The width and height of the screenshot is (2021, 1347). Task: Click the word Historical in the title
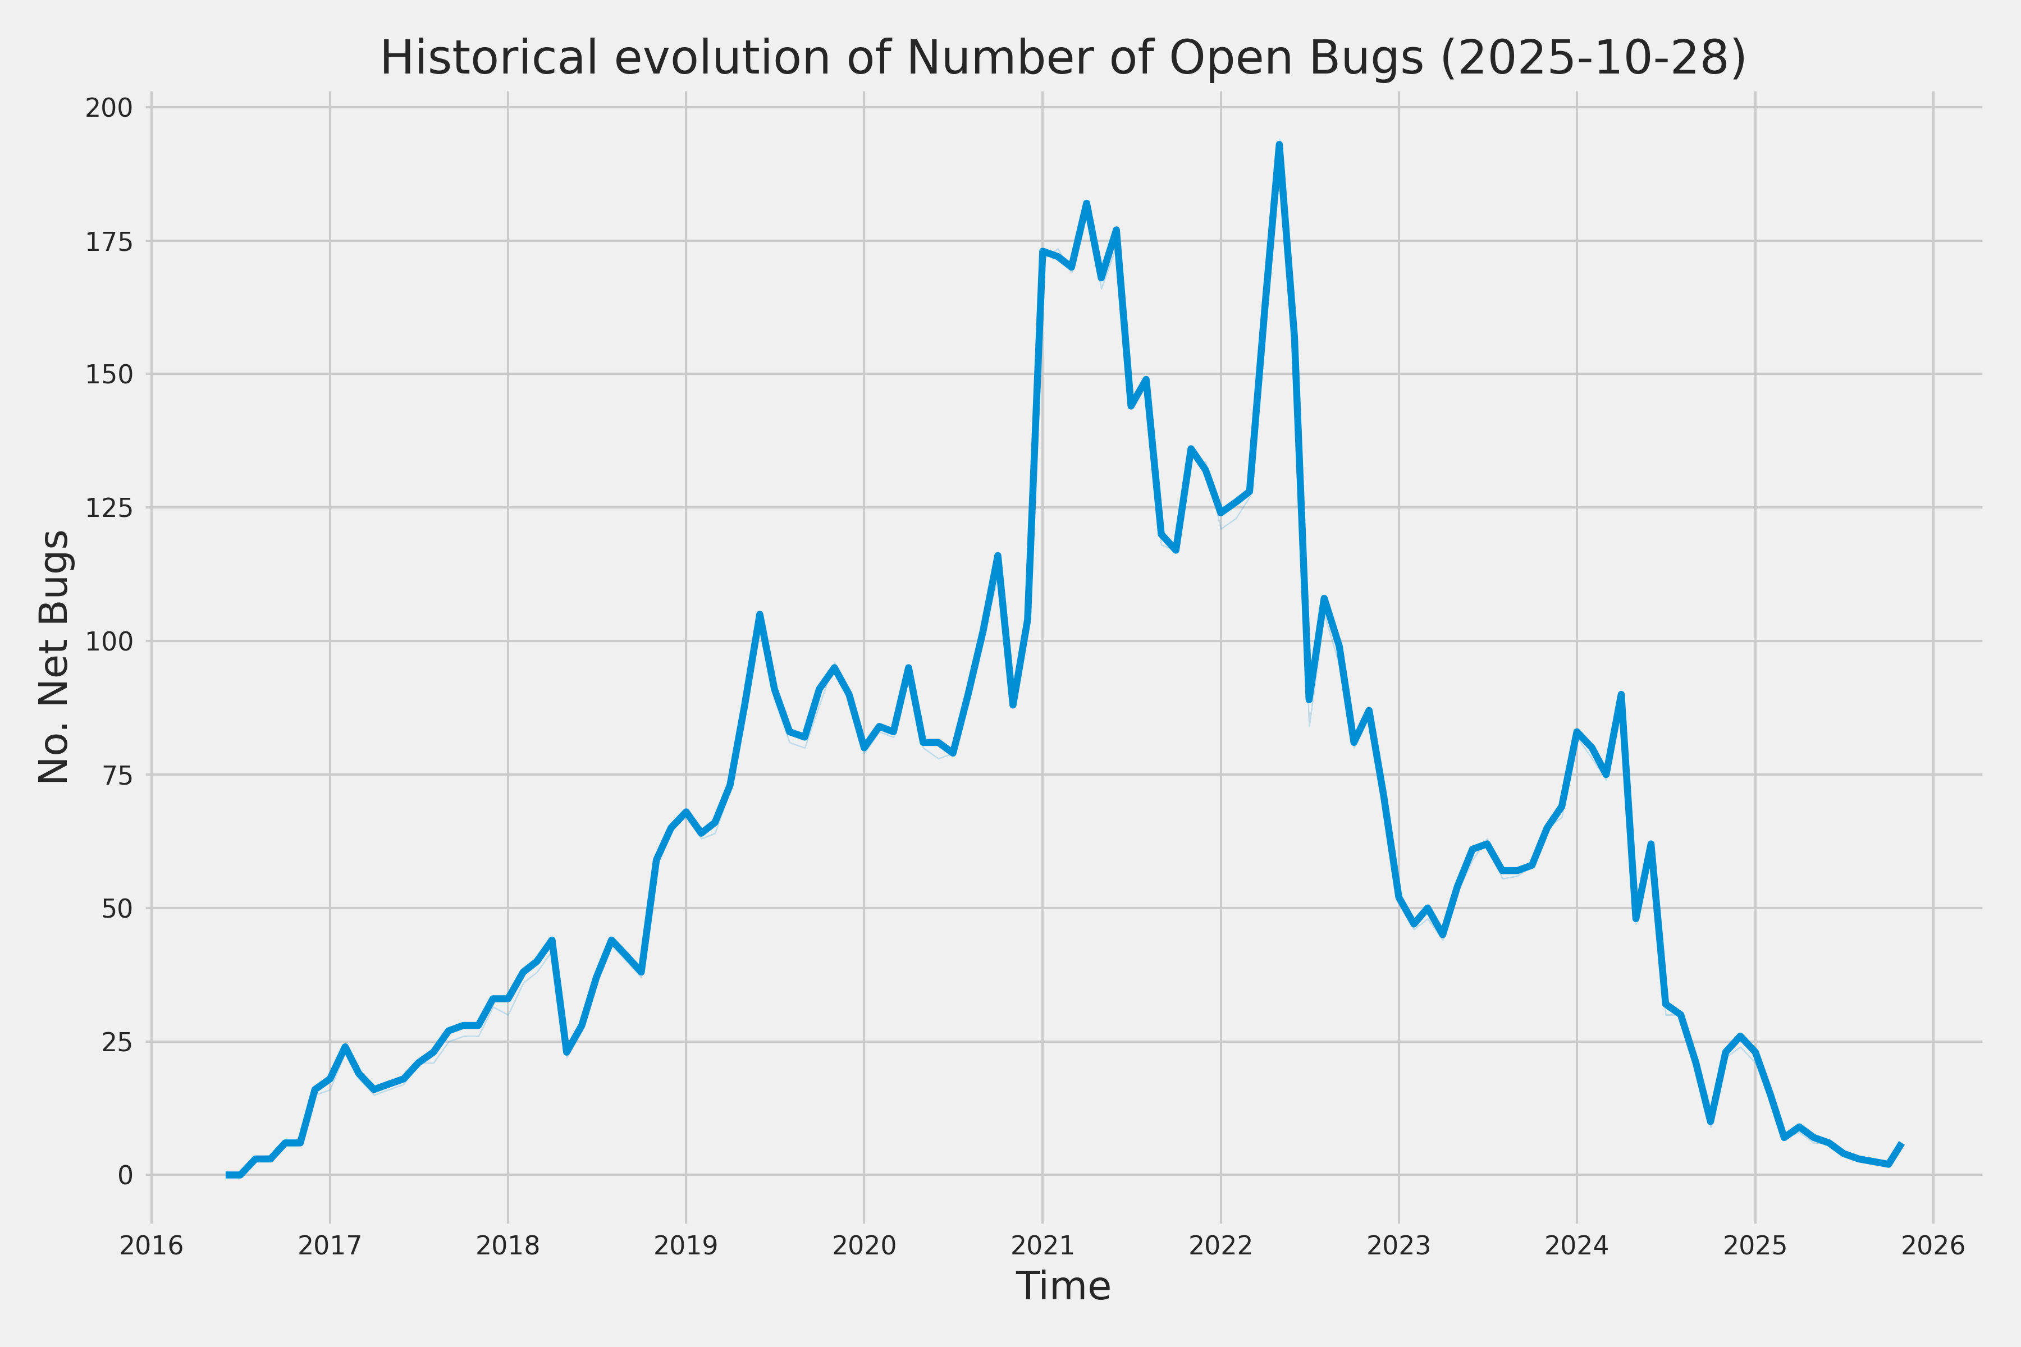coord(488,58)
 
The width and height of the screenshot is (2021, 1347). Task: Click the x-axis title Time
coord(1063,1286)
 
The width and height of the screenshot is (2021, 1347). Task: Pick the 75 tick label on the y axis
coord(116,775)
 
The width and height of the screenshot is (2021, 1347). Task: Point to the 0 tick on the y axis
coord(125,1175)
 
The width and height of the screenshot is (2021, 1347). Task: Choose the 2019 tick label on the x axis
coord(685,1245)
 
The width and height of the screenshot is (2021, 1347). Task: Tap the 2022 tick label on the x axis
coord(1220,1245)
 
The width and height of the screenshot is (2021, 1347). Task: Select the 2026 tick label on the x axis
coord(1933,1245)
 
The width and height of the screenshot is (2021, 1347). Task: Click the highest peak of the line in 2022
coord(1279,145)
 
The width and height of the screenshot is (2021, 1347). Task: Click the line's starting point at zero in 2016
coord(228,1174)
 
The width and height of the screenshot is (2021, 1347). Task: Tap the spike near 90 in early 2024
coord(1621,694)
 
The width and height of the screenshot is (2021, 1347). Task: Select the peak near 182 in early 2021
coord(1087,204)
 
